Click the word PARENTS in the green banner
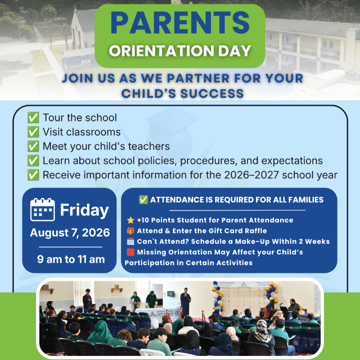tap(180, 22)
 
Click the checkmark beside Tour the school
tap(33, 118)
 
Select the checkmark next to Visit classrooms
tap(33, 132)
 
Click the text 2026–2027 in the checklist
tap(251, 175)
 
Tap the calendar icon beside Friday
tap(42, 209)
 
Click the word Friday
tap(84, 210)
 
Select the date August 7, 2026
tap(70, 233)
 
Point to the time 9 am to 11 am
tap(71, 259)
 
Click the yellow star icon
tap(130, 220)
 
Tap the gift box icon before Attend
tap(130, 231)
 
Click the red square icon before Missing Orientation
tap(130, 252)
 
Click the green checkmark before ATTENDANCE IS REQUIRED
tap(144, 200)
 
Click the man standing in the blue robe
tap(185, 301)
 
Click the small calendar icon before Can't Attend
tap(130, 242)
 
